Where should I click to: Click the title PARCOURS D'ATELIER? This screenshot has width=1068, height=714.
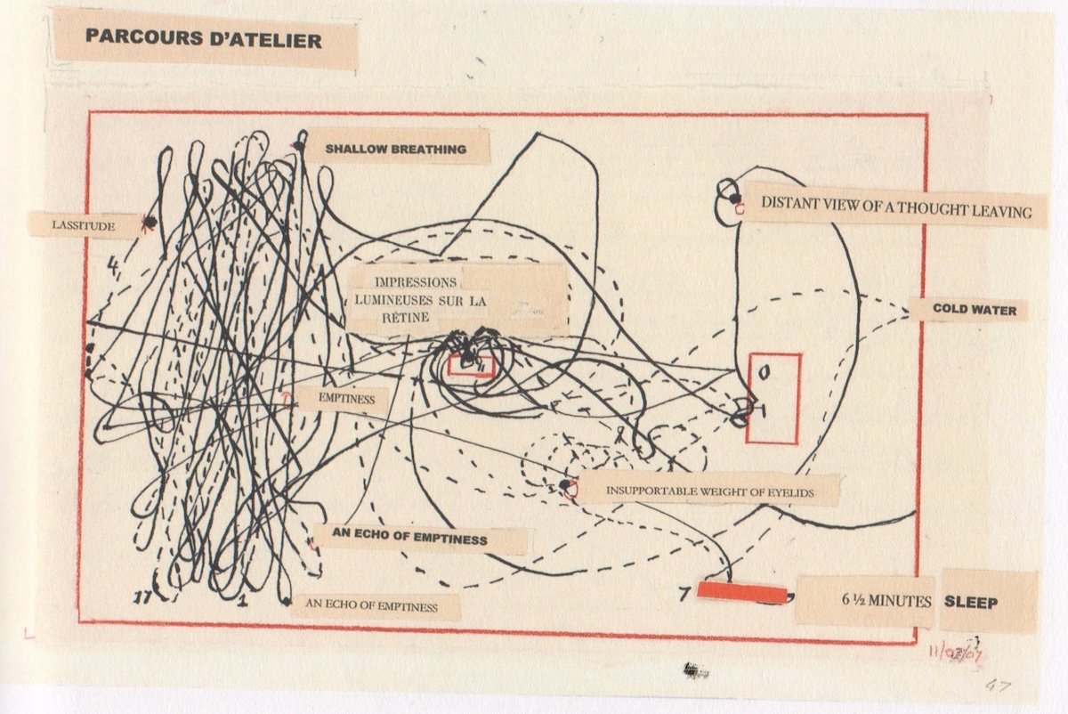tap(204, 38)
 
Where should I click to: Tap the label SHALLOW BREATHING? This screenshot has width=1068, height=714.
tap(396, 149)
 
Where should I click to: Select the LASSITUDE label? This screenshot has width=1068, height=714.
tap(84, 225)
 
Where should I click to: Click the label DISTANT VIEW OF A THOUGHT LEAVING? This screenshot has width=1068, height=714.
tap(896, 207)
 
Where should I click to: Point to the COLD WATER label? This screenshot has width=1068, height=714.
tap(975, 310)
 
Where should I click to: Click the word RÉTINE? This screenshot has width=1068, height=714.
tap(405, 318)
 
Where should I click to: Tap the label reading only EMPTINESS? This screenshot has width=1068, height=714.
tap(346, 399)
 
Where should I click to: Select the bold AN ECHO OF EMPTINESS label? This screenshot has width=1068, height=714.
tap(409, 537)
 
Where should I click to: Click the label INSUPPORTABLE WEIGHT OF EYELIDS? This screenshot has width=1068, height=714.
tap(710, 491)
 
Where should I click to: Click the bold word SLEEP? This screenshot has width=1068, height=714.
tap(971, 603)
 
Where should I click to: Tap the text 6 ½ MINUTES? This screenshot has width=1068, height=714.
tap(886, 601)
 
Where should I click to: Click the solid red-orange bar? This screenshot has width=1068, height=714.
tap(742, 593)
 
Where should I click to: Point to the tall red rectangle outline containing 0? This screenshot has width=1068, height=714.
tap(747, 399)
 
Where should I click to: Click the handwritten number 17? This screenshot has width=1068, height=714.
tap(142, 597)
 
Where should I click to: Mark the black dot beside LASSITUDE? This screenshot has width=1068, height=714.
tap(150, 222)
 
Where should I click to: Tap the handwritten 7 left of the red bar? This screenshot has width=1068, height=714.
tap(684, 594)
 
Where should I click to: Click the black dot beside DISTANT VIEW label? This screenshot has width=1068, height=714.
tap(735, 198)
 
